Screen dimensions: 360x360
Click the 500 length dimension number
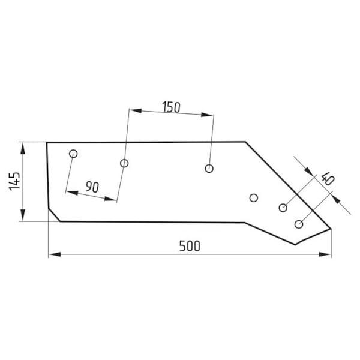pyautogui.click(x=190, y=246)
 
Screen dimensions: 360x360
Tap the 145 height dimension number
pyautogui.click(x=14, y=181)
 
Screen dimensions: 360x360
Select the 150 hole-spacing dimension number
pyautogui.click(x=171, y=107)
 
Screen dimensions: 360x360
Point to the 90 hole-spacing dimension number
pyautogui.click(x=92, y=187)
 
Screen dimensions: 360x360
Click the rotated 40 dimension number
pyautogui.click(x=328, y=179)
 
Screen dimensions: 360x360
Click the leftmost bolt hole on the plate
pyautogui.click(x=73, y=154)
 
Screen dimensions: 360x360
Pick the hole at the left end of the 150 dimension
pyautogui.click(x=124, y=163)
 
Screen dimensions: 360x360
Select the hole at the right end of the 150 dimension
pyautogui.click(x=209, y=169)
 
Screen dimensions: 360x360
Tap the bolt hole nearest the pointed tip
pyautogui.click(x=299, y=224)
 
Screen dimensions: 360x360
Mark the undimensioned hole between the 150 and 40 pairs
pyautogui.click(x=253, y=197)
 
